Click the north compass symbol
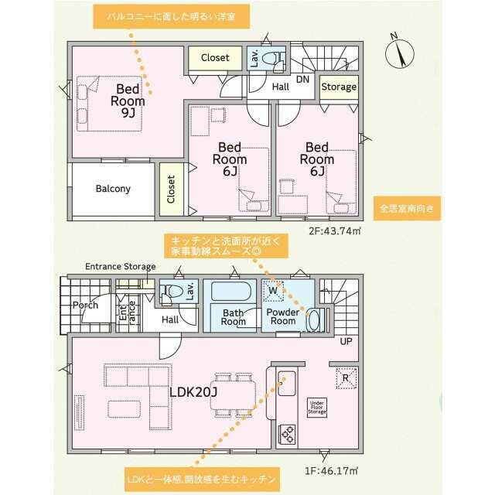(399, 53)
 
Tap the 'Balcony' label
(113, 189)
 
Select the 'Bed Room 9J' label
(128, 101)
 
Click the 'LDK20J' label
(193, 392)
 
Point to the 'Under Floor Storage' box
(317, 408)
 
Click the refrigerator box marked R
(346, 378)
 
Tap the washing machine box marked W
(273, 291)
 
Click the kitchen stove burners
(287, 435)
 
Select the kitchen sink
(287, 384)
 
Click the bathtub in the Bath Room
(231, 291)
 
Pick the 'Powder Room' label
(283, 316)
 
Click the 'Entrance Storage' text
(121, 267)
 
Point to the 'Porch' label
(85, 306)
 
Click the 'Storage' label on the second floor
(339, 87)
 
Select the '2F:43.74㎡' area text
(335, 231)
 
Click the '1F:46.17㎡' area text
(331, 471)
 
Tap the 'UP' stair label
(346, 341)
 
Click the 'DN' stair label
(302, 80)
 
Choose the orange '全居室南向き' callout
(407, 208)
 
